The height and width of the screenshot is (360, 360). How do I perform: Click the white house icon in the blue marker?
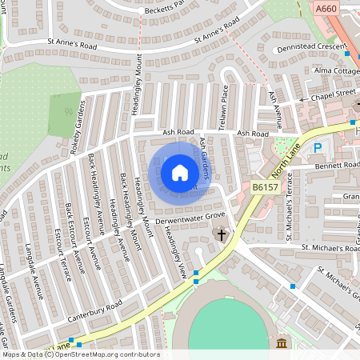[x=180, y=172]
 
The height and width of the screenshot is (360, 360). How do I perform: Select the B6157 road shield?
[x=265, y=186]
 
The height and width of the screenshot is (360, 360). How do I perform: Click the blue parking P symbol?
[x=318, y=148]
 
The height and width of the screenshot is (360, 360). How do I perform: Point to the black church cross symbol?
[x=222, y=235]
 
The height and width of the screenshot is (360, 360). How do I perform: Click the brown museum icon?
[x=282, y=343]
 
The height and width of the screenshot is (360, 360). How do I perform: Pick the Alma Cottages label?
[x=336, y=70]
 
